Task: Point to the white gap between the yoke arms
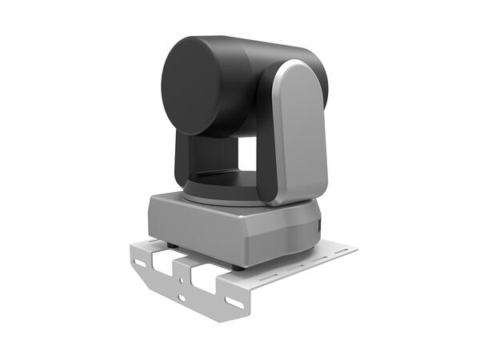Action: [246, 154]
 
